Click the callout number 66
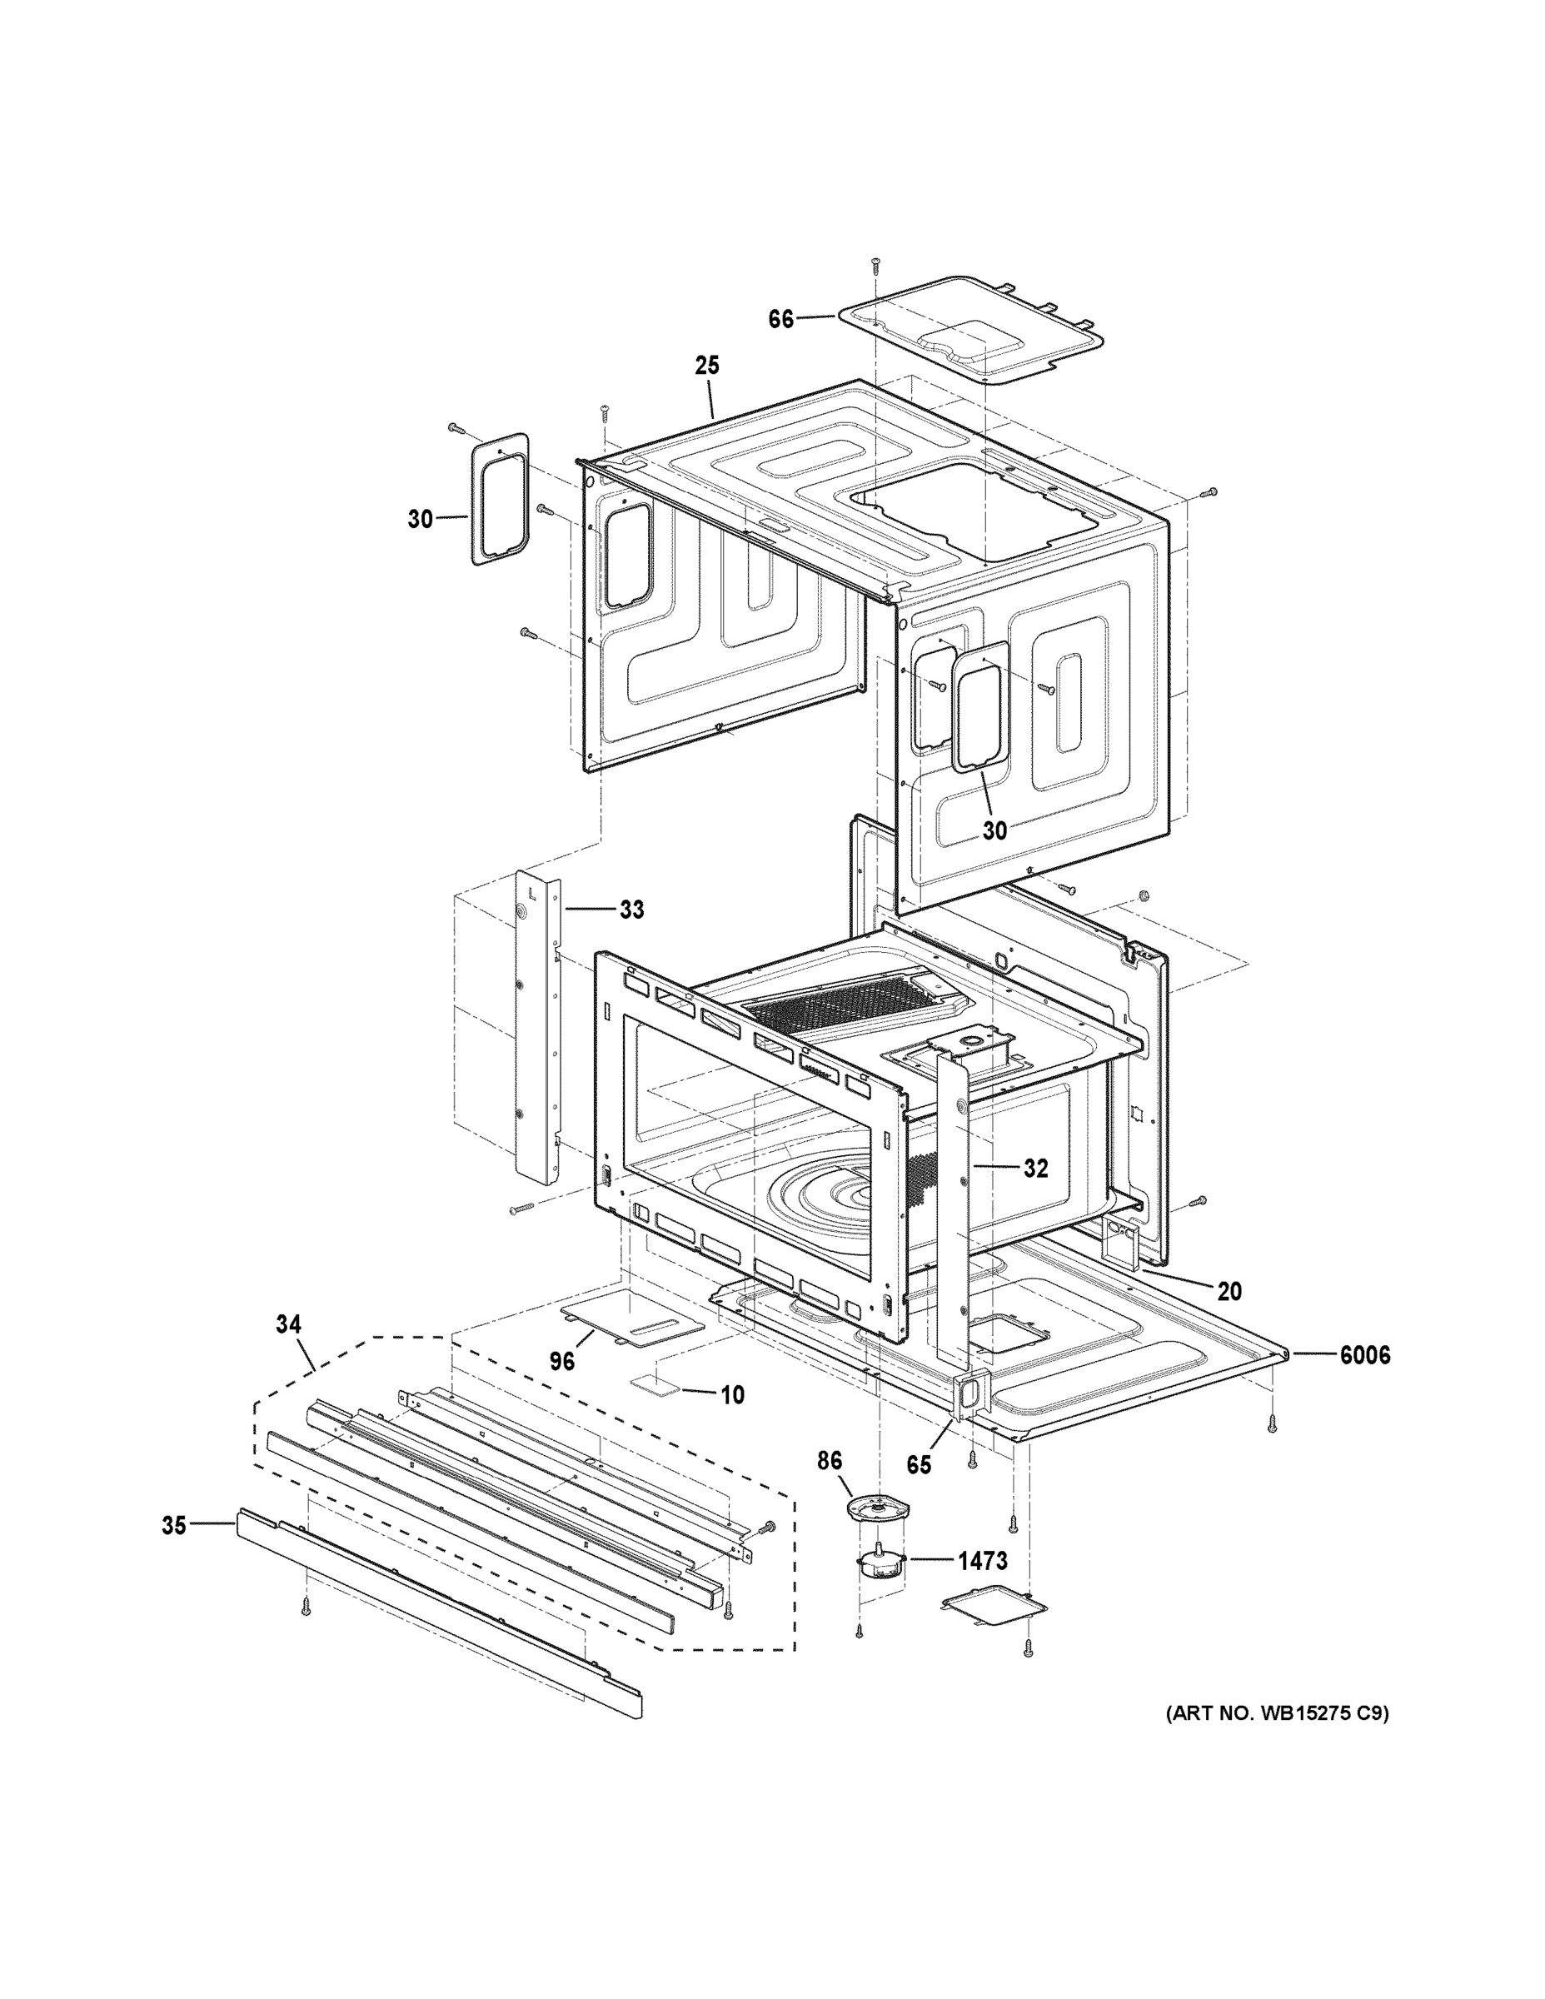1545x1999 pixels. point(780,321)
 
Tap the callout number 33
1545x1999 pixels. point(631,909)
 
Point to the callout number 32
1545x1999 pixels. point(1035,1168)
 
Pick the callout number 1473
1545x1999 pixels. point(982,1561)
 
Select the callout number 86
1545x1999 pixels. point(830,1461)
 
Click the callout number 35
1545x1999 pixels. point(174,1526)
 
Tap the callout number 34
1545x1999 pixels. point(288,1324)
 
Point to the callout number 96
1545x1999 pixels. point(562,1361)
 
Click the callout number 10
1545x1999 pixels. point(732,1395)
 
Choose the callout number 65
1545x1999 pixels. point(918,1464)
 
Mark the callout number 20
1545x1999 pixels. point(1229,1292)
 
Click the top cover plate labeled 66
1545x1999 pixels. point(970,330)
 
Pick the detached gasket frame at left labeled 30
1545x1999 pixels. point(500,499)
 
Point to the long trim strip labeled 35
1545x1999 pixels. point(439,1612)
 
